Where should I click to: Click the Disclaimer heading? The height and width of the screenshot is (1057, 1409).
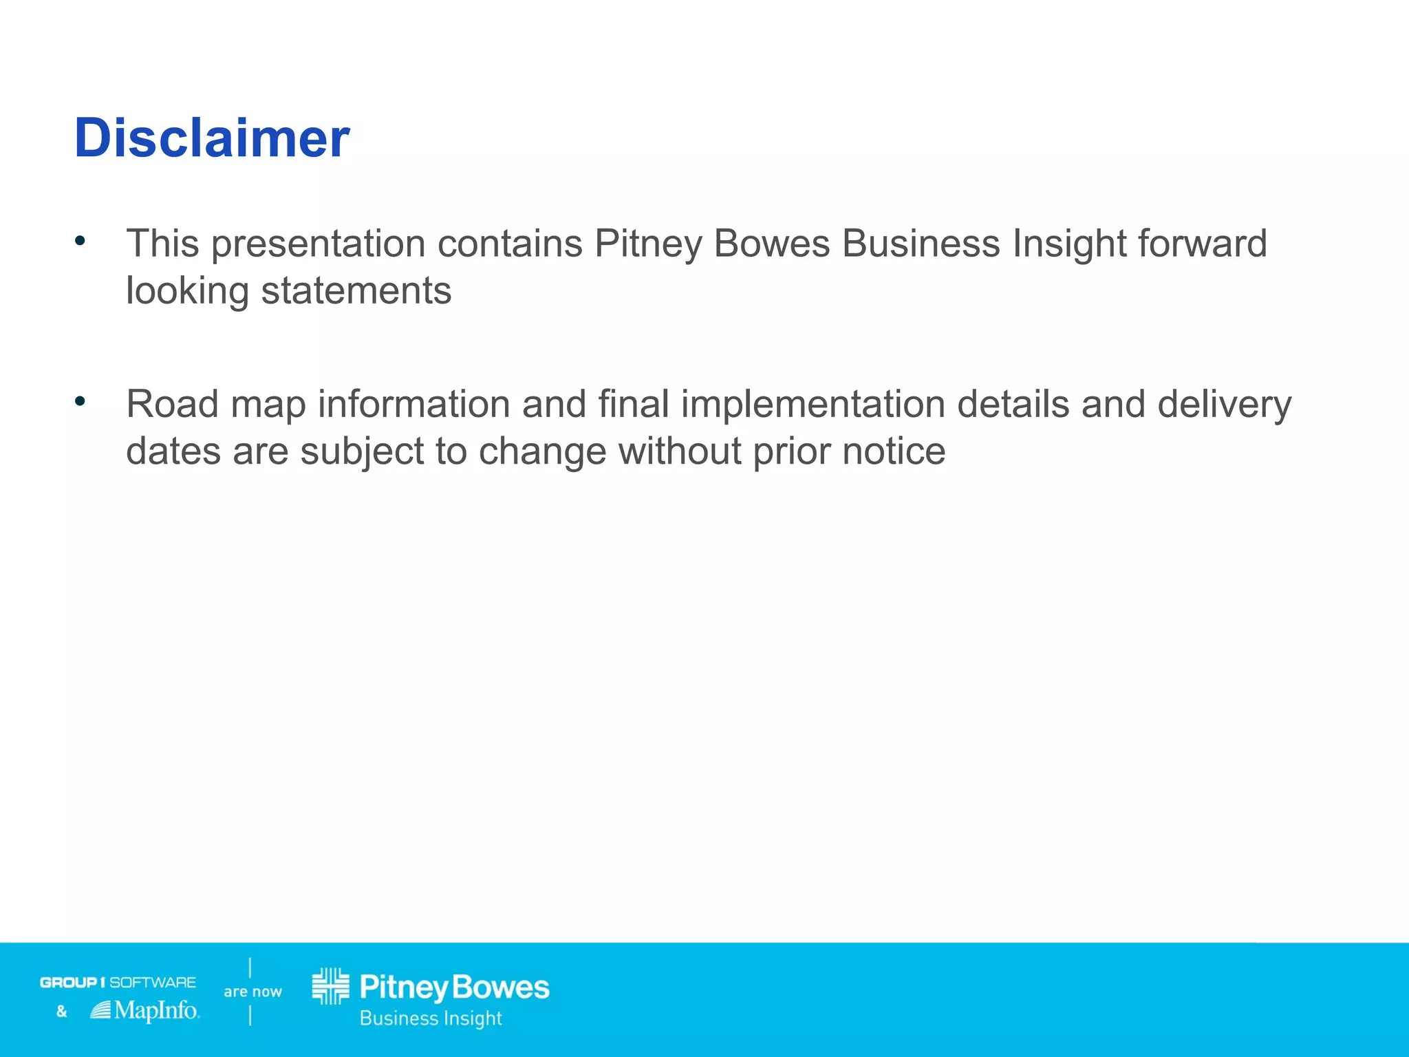pyautogui.click(x=212, y=138)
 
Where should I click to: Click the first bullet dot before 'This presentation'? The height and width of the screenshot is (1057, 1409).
pyautogui.click(x=80, y=240)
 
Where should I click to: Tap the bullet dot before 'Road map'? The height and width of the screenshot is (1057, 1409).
pyautogui.click(x=80, y=401)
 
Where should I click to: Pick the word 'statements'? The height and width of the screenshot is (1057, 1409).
pyautogui.click(x=356, y=291)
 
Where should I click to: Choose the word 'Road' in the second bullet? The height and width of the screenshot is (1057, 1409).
pyautogui.click(x=172, y=405)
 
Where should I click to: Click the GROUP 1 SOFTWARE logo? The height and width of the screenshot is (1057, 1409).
pyautogui.click(x=118, y=982)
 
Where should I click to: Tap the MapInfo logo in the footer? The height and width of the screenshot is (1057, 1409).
pyautogui.click(x=145, y=1010)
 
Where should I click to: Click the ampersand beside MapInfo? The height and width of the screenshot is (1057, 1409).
pyautogui.click(x=61, y=1011)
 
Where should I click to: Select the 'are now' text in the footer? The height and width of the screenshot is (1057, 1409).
pyautogui.click(x=252, y=992)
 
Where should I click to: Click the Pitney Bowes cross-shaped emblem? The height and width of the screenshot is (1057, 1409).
pyautogui.click(x=331, y=986)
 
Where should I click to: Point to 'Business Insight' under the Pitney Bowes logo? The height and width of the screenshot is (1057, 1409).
pyautogui.click(x=431, y=1018)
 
